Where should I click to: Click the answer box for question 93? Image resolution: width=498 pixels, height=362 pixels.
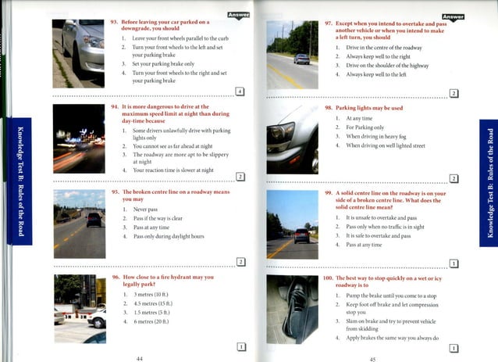coord(240,91)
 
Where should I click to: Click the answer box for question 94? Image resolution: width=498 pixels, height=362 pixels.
coord(240,177)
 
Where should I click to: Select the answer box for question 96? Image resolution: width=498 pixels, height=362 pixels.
coord(241,346)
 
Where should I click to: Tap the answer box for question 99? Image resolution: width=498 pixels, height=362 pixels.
coord(454,263)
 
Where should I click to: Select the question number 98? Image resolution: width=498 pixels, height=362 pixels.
coord(329,107)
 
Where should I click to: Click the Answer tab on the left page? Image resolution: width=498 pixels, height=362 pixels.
coord(237,15)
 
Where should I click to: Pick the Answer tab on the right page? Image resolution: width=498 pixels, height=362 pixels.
coord(452,17)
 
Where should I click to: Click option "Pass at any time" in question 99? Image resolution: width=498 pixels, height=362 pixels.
coord(364,245)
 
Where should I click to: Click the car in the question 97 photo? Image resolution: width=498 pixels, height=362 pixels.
coord(301,59)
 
